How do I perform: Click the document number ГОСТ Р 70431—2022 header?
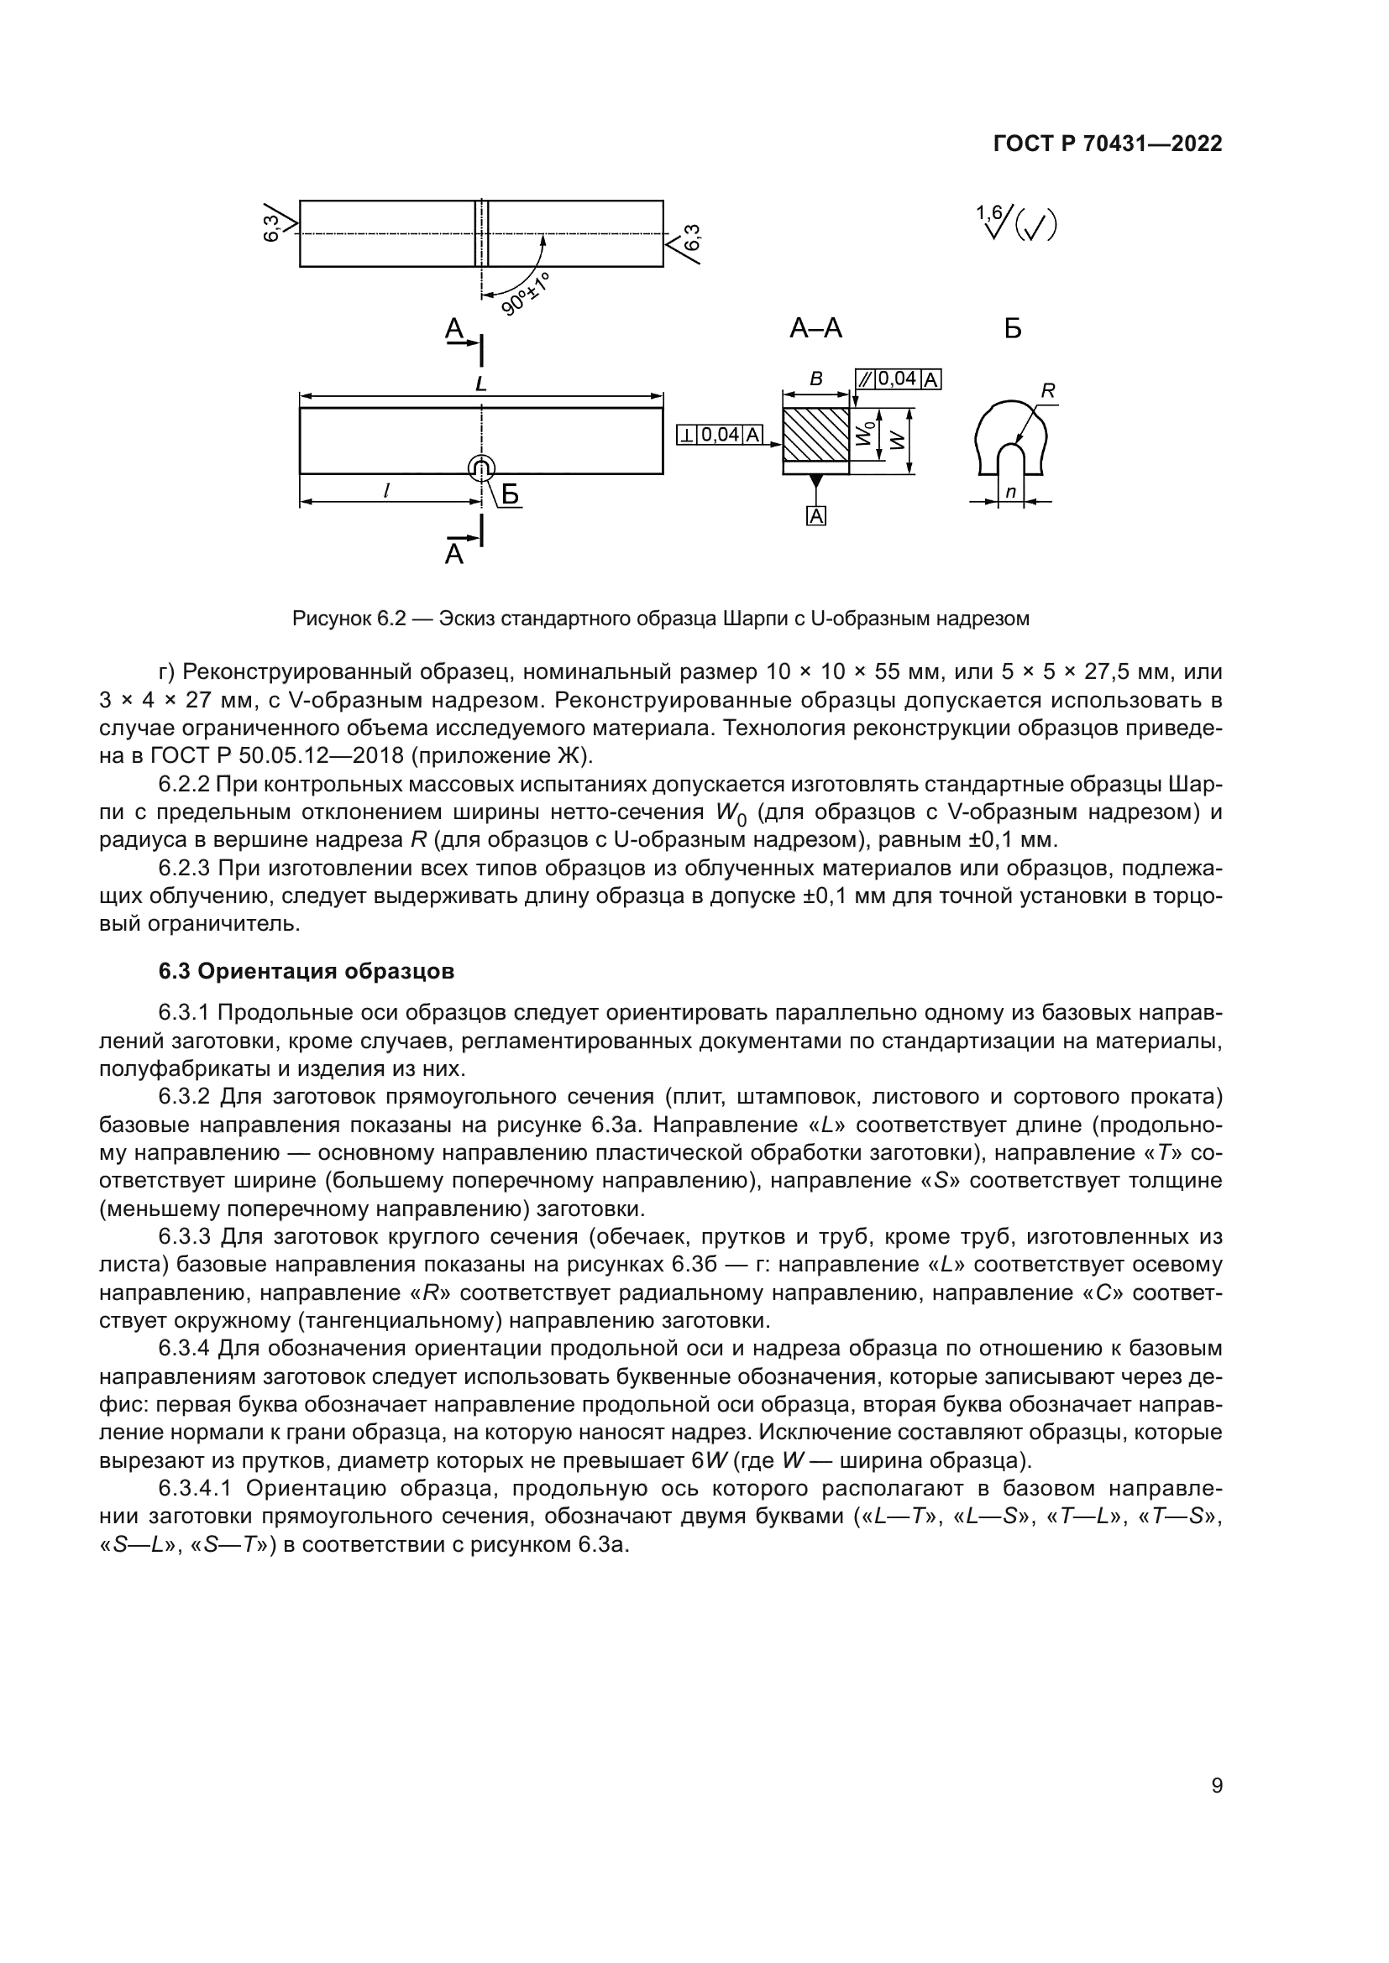[x=1108, y=144]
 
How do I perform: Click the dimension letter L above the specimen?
[x=480, y=384]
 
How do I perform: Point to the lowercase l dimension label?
[x=386, y=491]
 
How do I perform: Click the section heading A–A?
[x=815, y=327]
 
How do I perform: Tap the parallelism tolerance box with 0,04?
[x=898, y=379]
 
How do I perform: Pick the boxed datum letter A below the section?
[x=817, y=516]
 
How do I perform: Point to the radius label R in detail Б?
[x=1048, y=392]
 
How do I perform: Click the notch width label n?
[x=1010, y=493]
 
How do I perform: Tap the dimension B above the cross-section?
[x=816, y=379]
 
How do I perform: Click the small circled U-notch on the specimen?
[x=481, y=467]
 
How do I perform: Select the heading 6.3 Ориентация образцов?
[x=307, y=971]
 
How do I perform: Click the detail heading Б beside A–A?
[x=1013, y=328]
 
